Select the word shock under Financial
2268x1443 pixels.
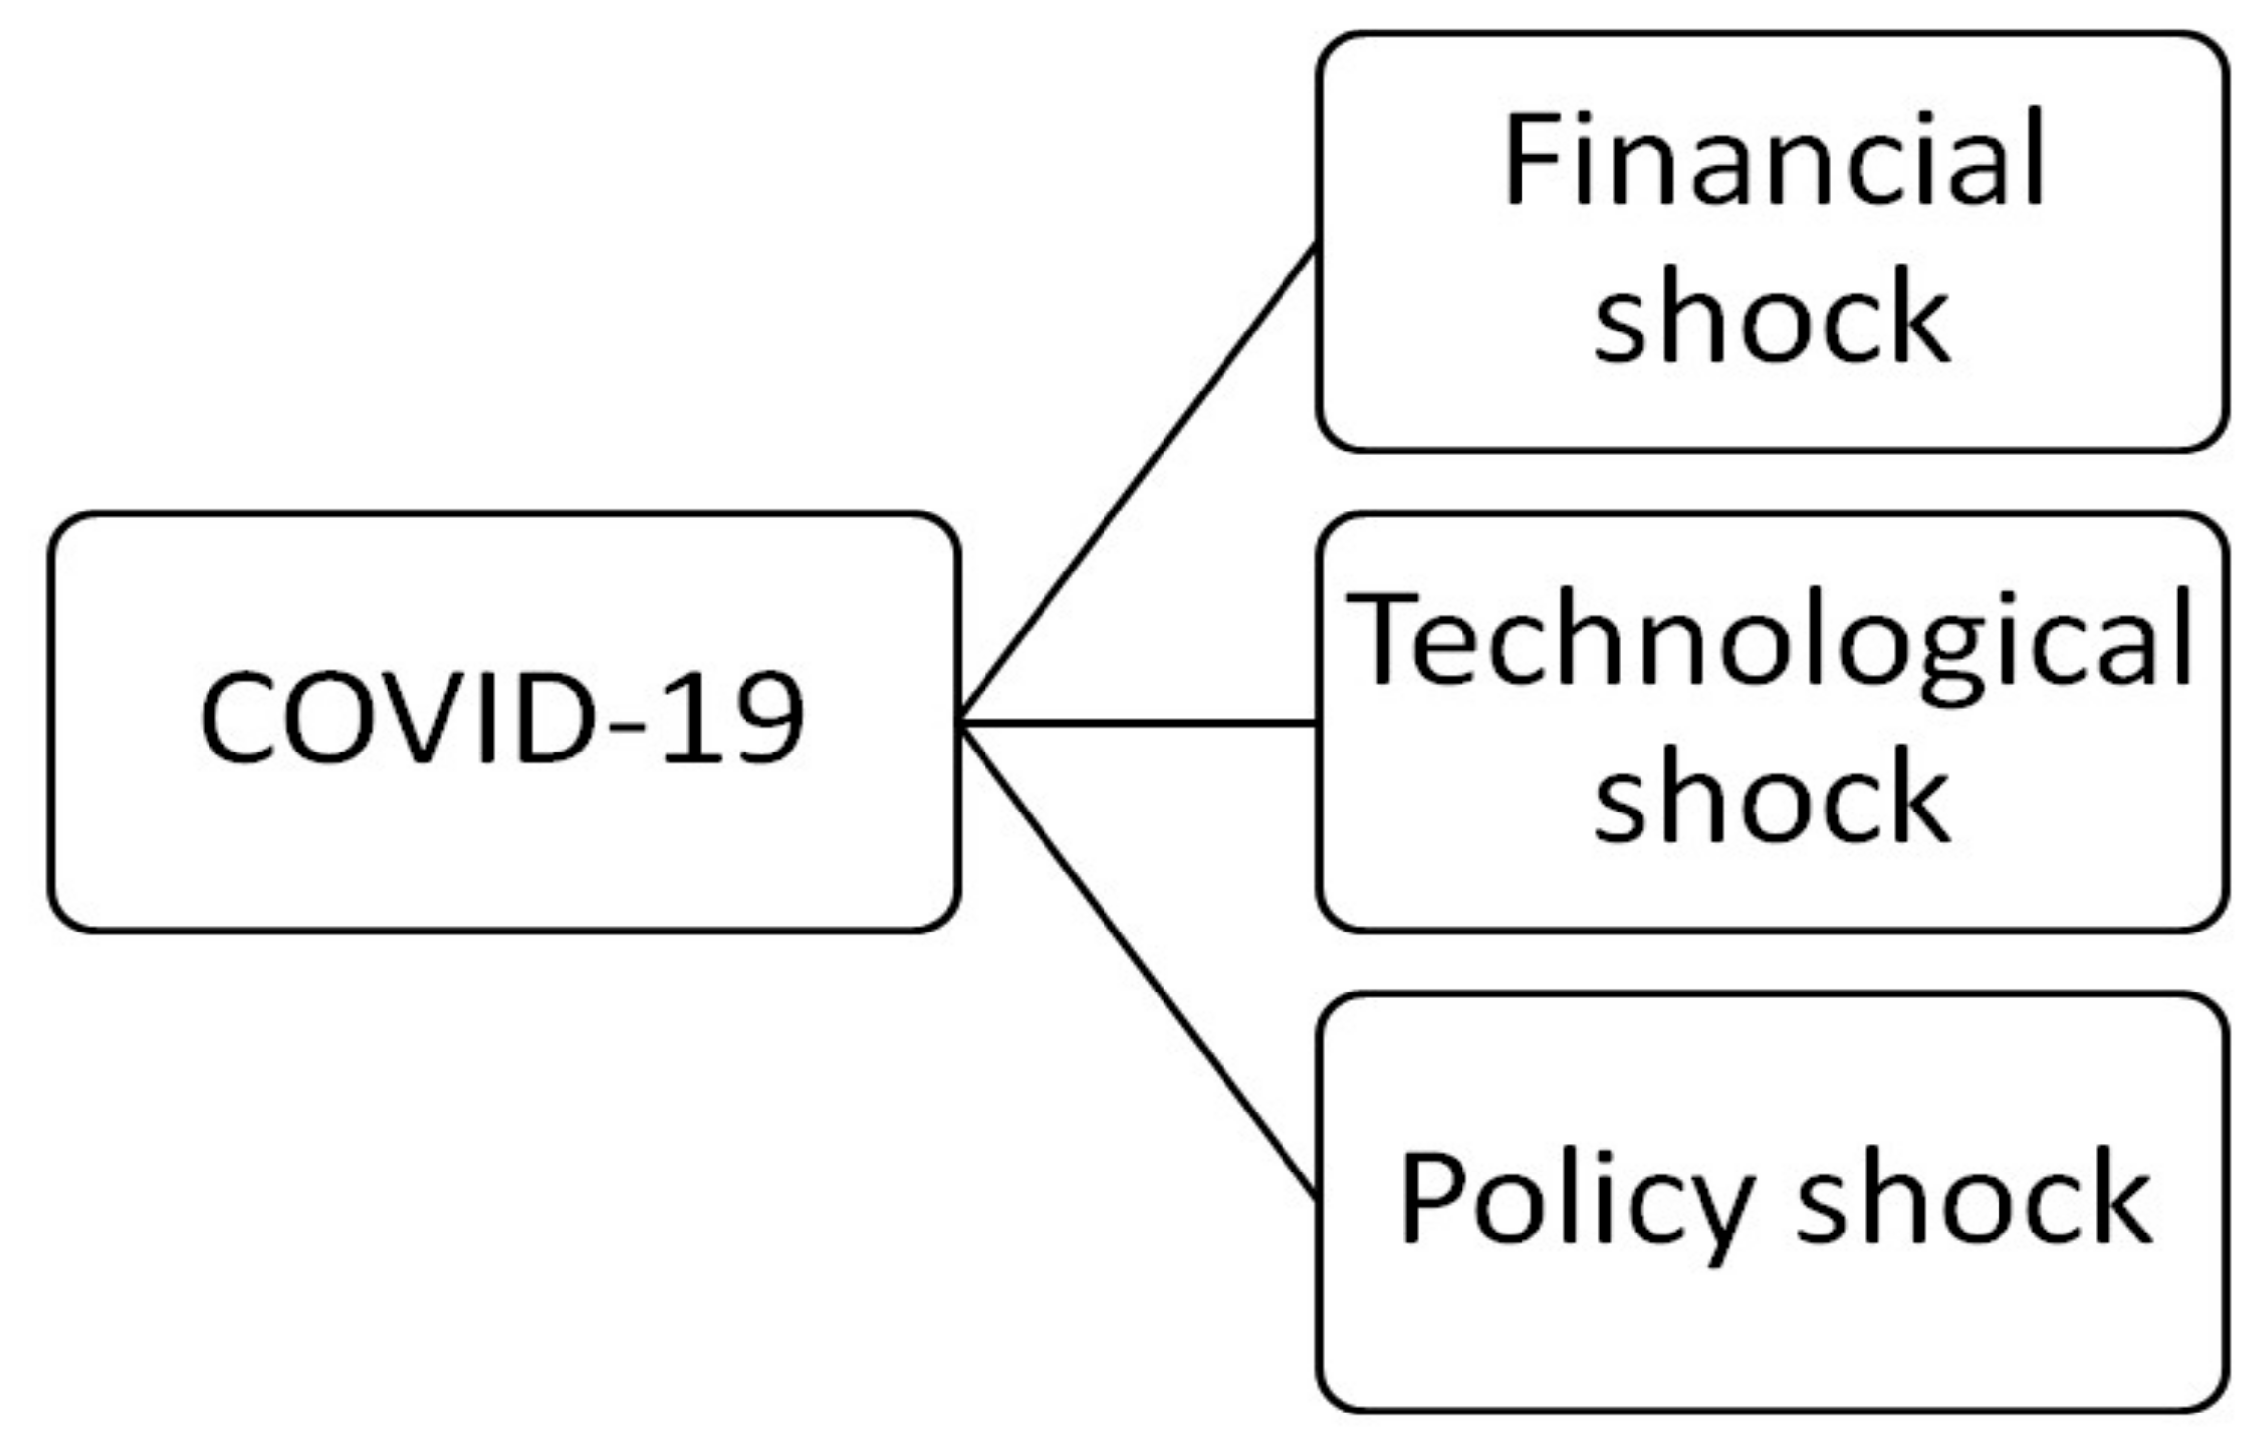coord(1771,317)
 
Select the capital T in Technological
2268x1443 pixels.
coord(1381,639)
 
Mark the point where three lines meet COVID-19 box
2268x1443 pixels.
coord(962,723)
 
